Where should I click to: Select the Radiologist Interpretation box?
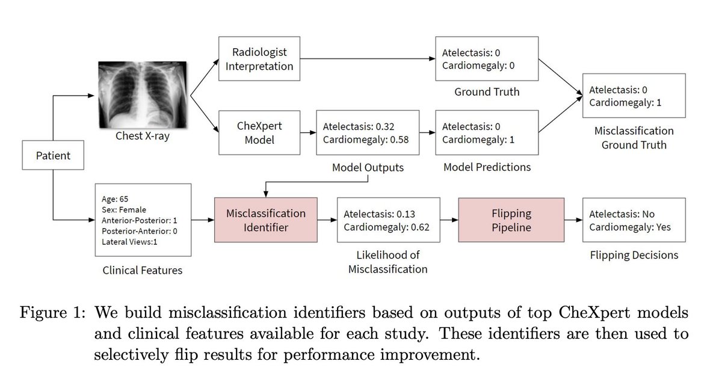pyautogui.click(x=259, y=59)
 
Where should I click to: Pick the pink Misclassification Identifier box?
pyautogui.click(x=265, y=220)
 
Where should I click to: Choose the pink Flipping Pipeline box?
pyautogui.click(x=511, y=220)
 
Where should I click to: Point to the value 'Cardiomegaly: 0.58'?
pyautogui.click(x=366, y=140)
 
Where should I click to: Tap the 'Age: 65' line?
pyautogui.click(x=116, y=199)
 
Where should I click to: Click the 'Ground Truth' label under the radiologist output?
pyautogui.click(x=487, y=92)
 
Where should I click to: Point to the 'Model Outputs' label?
pyautogui.click(x=368, y=167)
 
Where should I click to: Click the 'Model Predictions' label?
pyautogui.click(x=487, y=167)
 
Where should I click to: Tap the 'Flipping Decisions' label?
pyautogui.click(x=634, y=255)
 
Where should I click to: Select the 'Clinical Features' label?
pyautogui.click(x=142, y=270)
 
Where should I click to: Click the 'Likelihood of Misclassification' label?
pyautogui.click(x=388, y=262)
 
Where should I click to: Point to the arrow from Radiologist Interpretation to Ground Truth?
pyautogui.click(x=367, y=59)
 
